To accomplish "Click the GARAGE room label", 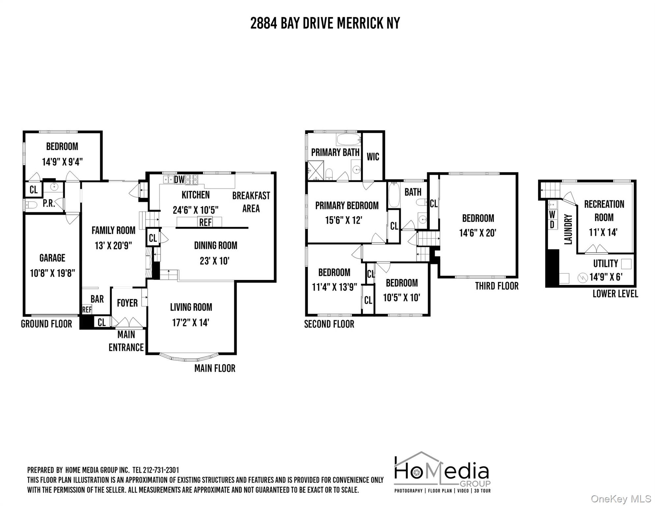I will click(x=52, y=258).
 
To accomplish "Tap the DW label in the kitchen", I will click(x=179, y=180).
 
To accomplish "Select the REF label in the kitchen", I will click(x=205, y=222).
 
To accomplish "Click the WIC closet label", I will click(x=373, y=157).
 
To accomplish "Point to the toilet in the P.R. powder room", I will click(x=31, y=205).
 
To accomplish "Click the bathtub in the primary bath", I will click(x=348, y=139).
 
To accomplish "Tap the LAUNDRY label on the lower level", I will click(x=568, y=229).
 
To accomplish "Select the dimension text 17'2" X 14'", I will click(x=190, y=323).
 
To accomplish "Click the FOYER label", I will click(x=127, y=303).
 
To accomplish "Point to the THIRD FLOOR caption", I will click(x=497, y=286).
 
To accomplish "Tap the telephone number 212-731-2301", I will click(x=161, y=470).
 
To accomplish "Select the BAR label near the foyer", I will click(x=97, y=299).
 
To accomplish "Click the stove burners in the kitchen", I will click(x=191, y=180).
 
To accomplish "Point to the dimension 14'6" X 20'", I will click(x=478, y=233).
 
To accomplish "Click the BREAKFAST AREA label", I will click(x=251, y=202).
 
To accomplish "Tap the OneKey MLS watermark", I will click(x=621, y=499).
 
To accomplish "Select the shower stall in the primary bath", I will click(x=315, y=170).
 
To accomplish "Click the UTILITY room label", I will click(x=606, y=264).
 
